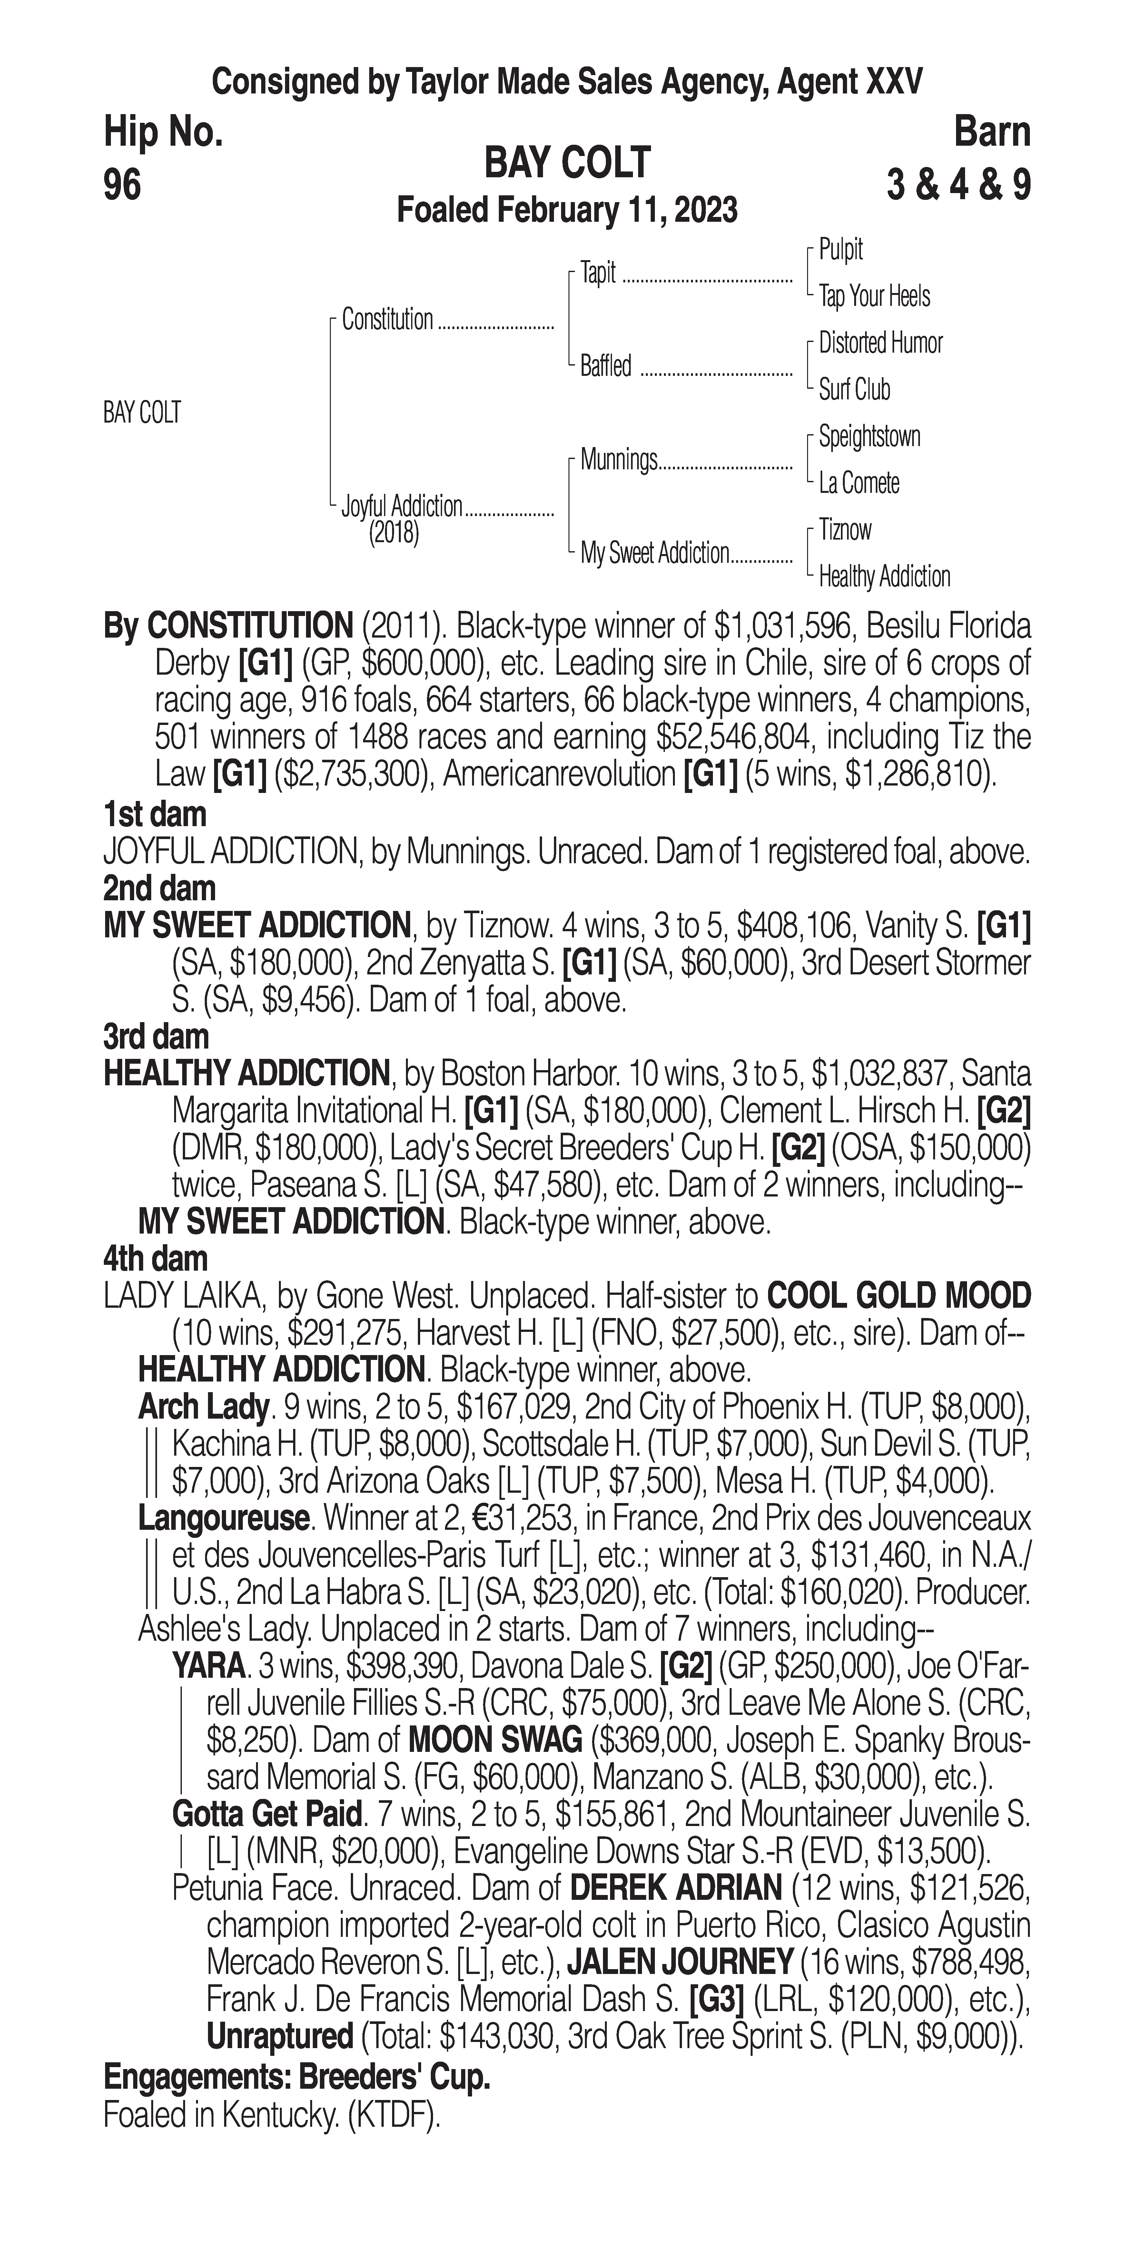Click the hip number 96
tap(122, 186)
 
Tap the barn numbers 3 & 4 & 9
tap(958, 186)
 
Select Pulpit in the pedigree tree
tap(840, 250)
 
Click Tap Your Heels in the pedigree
tap(874, 297)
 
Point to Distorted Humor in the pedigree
tap(880, 343)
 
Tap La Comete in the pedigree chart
tap(859, 483)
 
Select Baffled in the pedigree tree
tap(605, 367)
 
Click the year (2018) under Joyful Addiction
tap(393, 533)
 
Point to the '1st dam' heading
tap(155, 815)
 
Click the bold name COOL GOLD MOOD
tap(898, 1296)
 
